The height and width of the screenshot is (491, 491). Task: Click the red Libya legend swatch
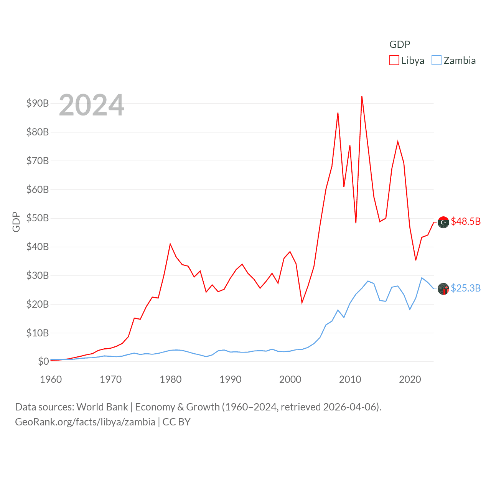click(394, 61)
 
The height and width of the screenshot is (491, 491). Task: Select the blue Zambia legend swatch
click(437, 61)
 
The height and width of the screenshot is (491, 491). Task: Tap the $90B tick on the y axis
click(38, 103)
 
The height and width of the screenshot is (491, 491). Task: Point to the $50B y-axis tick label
click(38, 218)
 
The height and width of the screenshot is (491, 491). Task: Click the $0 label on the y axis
click(43, 361)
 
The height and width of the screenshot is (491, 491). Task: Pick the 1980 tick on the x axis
click(170, 379)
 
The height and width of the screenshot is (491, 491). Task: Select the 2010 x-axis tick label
click(350, 379)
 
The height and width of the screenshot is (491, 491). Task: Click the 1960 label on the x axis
click(51, 379)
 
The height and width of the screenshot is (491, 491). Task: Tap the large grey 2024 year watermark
click(92, 105)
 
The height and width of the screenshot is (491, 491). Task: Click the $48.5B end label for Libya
click(466, 221)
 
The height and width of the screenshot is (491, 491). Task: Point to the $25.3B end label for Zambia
click(466, 288)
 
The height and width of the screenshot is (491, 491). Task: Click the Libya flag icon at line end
click(443, 222)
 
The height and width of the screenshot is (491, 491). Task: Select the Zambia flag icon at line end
click(443, 289)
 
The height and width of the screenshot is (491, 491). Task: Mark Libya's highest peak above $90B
click(362, 96)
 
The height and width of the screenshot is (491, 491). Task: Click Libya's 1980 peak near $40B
click(170, 244)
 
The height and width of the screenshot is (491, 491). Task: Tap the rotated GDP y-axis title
click(16, 222)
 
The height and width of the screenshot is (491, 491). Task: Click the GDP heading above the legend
click(400, 44)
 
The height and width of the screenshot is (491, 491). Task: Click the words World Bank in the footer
click(102, 407)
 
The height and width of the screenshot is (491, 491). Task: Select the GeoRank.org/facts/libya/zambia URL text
click(85, 422)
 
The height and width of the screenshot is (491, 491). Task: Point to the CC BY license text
click(176, 422)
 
